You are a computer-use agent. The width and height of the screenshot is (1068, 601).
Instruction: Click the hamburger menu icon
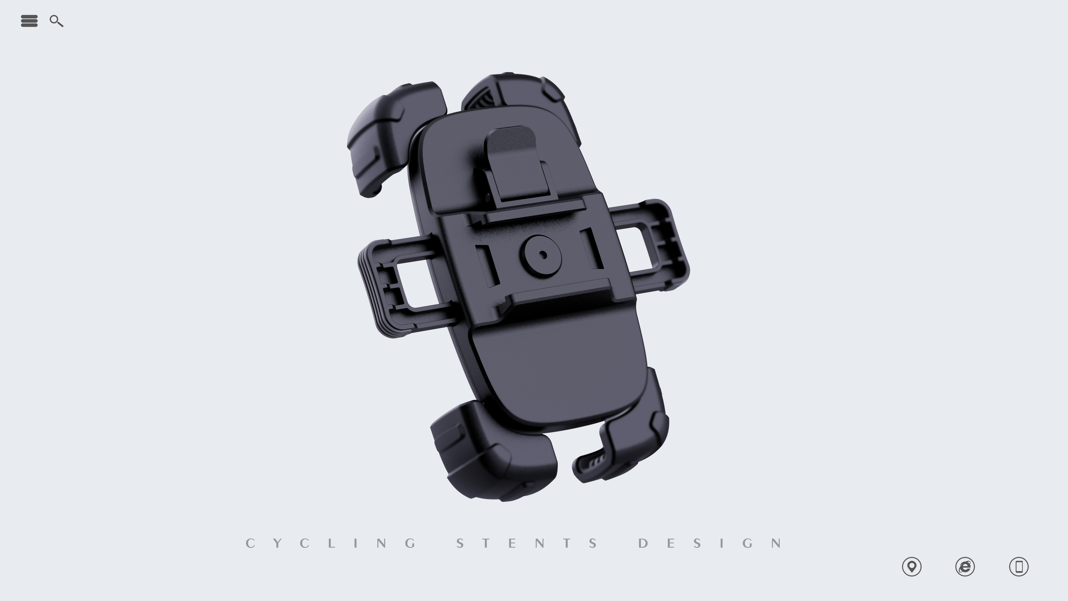point(29,21)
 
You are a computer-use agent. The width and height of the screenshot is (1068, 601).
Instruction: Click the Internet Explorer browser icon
point(965,567)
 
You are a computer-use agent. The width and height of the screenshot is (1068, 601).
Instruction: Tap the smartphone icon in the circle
point(1019,567)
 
